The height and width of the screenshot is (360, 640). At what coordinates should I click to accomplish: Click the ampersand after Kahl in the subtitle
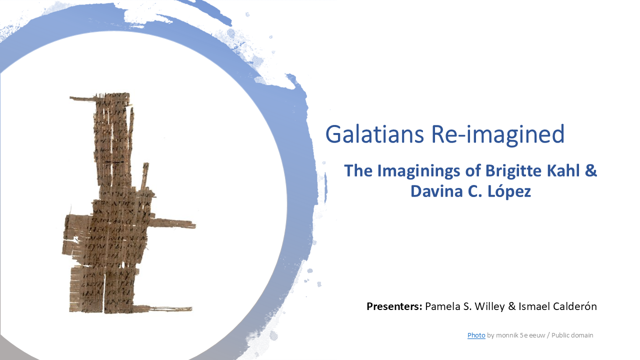click(x=590, y=171)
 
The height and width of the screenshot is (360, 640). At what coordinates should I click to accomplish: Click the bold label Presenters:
click(x=394, y=306)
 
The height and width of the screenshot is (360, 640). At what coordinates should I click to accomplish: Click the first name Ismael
click(x=534, y=306)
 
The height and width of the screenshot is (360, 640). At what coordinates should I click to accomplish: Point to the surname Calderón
click(x=575, y=306)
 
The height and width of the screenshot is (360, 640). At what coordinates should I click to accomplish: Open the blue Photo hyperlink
click(x=476, y=335)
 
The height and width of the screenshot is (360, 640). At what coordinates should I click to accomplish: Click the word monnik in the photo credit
click(x=506, y=335)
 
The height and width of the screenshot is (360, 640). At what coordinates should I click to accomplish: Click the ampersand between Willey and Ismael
click(x=511, y=306)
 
